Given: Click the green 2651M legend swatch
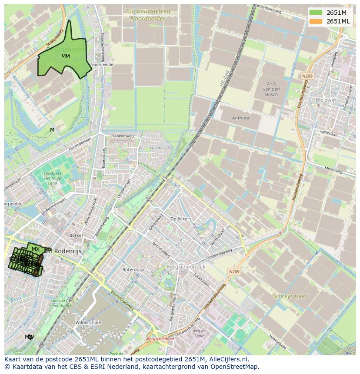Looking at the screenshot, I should tap(316, 12).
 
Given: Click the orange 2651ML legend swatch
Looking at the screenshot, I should tap(316, 21).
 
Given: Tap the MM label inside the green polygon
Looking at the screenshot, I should tap(65, 56).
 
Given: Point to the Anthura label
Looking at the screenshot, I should tap(240, 118).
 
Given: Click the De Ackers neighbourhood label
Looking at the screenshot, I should tap(181, 219).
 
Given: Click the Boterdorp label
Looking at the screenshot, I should tap(130, 269).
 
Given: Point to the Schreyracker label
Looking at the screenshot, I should tap(290, 296).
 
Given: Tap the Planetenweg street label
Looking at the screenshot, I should tap(122, 136).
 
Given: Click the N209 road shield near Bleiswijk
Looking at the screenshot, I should tap(307, 76).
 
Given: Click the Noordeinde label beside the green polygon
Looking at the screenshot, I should tap(101, 64).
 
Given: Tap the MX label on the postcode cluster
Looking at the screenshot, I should tap(36, 249).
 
